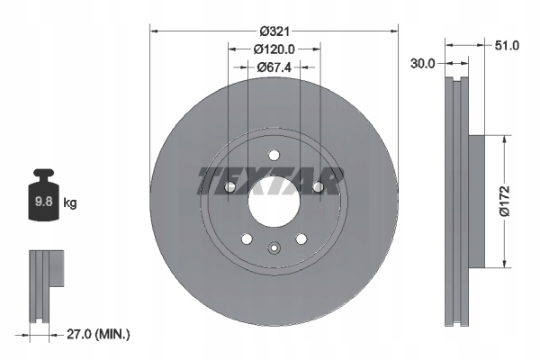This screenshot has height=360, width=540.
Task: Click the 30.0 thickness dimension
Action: [423, 64]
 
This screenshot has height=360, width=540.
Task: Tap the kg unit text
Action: [70, 203]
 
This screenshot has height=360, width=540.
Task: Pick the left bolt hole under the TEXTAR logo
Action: [230, 186]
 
